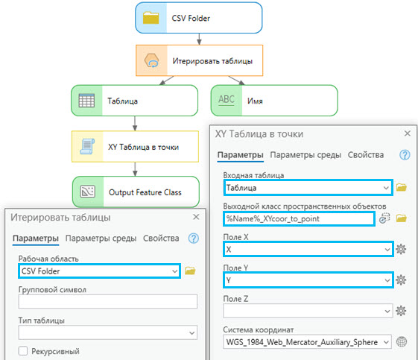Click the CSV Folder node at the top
[199, 18]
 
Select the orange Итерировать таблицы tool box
[200, 60]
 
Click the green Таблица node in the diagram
[135, 101]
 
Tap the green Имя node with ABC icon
[274, 101]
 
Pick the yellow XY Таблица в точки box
[135, 146]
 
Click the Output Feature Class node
[136, 192]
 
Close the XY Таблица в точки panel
[408, 133]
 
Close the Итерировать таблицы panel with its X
[196, 217]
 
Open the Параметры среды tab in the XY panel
[305, 155]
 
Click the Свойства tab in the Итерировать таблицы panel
[161, 238]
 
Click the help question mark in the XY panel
[405, 155]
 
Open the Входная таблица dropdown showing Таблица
[308, 188]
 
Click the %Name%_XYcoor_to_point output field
[299, 218]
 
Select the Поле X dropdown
[308, 250]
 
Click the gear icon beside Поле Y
[401, 280]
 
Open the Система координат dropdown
[307, 342]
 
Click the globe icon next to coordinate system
[402, 342]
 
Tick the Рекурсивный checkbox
[23, 351]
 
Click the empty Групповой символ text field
[108, 301]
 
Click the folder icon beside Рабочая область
[190, 271]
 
